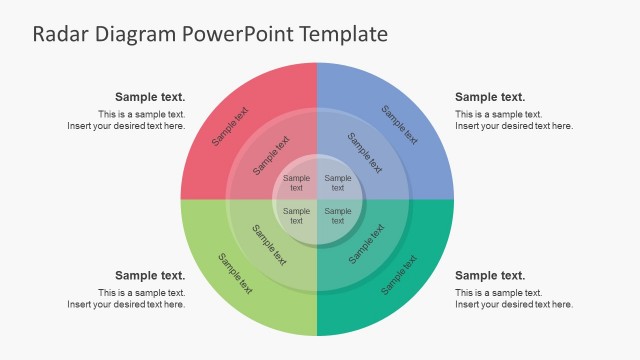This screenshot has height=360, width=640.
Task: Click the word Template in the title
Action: pyautogui.click(x=339, y=34)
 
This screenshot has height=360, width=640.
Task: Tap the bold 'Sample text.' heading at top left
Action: pyautogui.click(x=150, y=97)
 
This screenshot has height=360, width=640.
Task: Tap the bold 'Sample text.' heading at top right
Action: pyautogui.click(x=490, y=97)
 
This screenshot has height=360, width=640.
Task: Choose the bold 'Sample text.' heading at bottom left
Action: pyautogui.click(x=150, y=275)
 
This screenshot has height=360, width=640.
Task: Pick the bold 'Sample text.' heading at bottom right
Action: pyautogui.click(x=490, y=275)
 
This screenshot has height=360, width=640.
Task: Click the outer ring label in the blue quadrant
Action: pyautogui.click(x=400, y=124)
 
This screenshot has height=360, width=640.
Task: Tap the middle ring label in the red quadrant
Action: pyautogui.click(x=271, y=155)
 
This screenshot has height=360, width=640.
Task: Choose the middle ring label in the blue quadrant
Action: pyautogui.click(x=364, y=155)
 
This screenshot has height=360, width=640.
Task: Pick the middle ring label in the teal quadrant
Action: pyautogui.click(x=366, y=243)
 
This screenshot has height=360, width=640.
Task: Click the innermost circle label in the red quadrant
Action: pyautogui.click(x=296, y=183)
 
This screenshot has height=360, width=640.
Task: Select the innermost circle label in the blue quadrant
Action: pyautogui.click(x=338, y=183)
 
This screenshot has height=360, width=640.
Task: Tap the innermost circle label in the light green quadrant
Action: pyautogui.click(x=296, y=216)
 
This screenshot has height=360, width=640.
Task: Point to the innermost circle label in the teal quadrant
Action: pyautogui.click(x=338, y=216)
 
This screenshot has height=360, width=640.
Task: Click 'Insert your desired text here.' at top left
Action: pyautogui.click(x=126, y=126)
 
